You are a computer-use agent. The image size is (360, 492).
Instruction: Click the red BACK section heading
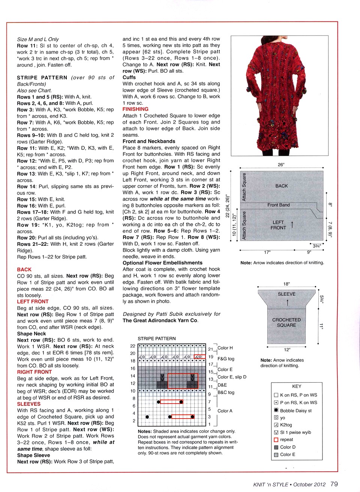click(x=24, y=269)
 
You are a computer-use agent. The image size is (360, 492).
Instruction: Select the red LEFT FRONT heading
click(x=33, y=301)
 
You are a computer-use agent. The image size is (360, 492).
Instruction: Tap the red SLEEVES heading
click(x=28, y=404)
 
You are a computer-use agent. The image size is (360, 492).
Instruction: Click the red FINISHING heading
click(x=135, y=109)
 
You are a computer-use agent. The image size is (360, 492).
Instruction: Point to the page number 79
click(x=334, y=484)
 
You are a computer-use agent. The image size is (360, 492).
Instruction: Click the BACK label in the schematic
click(x=282, y=186)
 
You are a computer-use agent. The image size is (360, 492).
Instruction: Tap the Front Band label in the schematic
click(x=278, y=205)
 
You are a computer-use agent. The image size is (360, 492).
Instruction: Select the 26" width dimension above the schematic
click(x=281, y=165)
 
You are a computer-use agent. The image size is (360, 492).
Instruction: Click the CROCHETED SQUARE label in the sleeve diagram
click(x=286, y=323)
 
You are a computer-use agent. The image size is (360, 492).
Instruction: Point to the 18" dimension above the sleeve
click(x=286, y=284)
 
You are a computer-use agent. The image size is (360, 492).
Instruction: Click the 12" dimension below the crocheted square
click(x=287, y=350)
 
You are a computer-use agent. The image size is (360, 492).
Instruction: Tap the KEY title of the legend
click(x=297, y=386)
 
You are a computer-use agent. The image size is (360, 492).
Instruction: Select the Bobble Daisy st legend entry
click(x=295, y=411)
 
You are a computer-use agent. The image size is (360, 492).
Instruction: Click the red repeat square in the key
click(x=276, y=440)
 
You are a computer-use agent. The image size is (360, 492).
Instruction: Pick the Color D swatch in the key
click(x=276, y=447)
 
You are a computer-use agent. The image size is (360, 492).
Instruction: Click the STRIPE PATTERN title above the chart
click(x=156, y=338)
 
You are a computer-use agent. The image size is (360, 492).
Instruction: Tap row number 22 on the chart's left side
click(x=133, y=346)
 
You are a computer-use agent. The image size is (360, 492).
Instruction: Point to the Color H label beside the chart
click(x=225, y=348)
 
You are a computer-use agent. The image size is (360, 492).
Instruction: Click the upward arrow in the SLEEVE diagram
click(x=288, y=302)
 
